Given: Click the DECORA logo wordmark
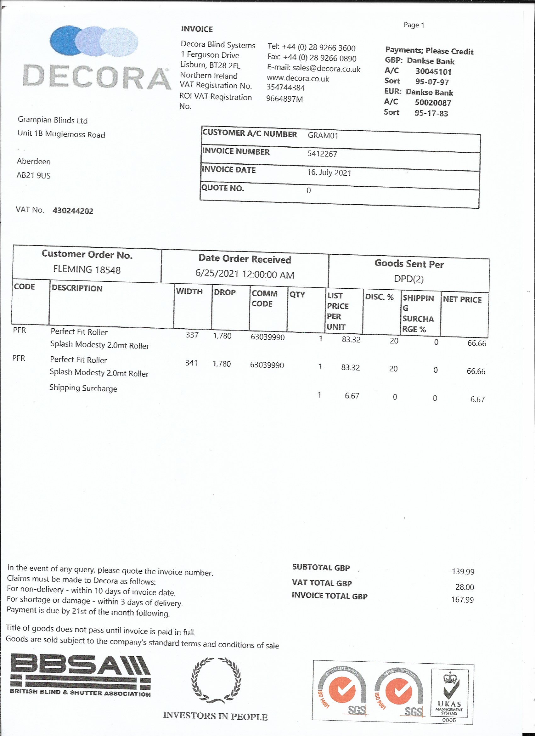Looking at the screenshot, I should click(97, 77).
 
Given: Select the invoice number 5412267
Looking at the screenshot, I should click(322, 154).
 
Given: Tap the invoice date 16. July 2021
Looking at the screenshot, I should click(329, 172).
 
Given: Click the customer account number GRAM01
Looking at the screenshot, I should click(323, 135).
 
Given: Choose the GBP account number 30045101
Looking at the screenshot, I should click(433, 71).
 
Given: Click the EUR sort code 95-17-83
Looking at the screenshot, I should click(431, 113).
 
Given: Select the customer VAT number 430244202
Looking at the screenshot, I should click(73, 211).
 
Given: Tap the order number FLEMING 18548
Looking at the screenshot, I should click(87, 270).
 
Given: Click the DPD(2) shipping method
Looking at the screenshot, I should click(408, 279).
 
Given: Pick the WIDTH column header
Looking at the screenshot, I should click(189, 292).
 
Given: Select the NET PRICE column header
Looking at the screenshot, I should click(462, 299).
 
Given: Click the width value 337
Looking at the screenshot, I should click(192, 335).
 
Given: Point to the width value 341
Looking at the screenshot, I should click(191, 363).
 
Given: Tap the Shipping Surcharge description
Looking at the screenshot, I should click(83, 388).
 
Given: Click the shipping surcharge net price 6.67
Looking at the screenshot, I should click(477, 399).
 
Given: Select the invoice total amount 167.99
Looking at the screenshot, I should click(462, 600).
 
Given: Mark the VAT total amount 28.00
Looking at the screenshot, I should click(465, 587).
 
